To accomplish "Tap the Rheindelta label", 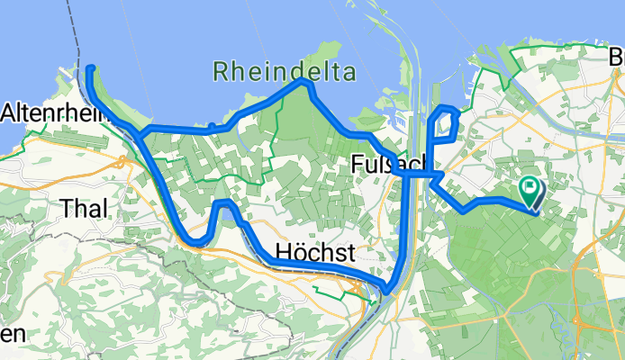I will point(285,71).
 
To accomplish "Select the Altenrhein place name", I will point(45,113).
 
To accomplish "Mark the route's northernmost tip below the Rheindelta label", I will point(305,82).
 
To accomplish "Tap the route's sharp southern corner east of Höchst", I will point(388,289).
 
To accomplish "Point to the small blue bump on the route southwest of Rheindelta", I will point(211,126).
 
